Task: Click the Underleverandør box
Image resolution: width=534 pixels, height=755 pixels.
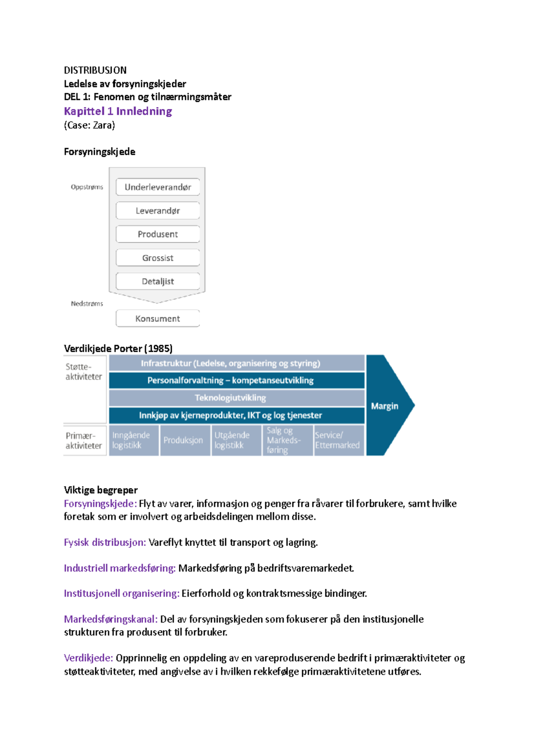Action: pyautogui.click(x=158, y=187)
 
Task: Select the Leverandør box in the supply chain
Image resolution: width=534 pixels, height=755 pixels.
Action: pyautogui.click(x=158, y=211)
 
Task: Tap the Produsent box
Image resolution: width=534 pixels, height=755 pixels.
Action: pyautogui.click(x=158, y=234)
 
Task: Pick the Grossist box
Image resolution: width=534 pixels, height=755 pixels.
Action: pyautogui.click(x=158, y=258)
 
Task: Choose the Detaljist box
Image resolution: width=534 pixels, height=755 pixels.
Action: pyautogui.click(x=158, y=281)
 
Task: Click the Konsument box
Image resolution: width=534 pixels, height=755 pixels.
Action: pyautogui.click(x=158, y=319)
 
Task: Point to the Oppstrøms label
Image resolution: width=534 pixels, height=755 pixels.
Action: pyautogui.click(x=87, y=187)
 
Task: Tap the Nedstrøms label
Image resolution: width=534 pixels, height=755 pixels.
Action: pyautogui.click(x=87, y=304)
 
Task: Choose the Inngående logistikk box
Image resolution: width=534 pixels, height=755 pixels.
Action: pyautogui.click(x=133, y=440)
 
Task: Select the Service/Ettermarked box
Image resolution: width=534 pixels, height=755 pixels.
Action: pyautogui.click(x=339, y=440)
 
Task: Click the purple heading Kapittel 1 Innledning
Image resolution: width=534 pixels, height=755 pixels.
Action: pyautogui.click(x=118, y=111)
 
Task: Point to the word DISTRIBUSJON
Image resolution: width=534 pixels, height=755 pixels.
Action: pyautogui.click(x=95, y=70)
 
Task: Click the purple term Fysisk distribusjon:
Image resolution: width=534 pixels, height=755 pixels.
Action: pyautogui.click(x=105, y=542)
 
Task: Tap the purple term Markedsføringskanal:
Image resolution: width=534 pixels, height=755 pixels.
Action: pyautogui.click(x=111, y=619)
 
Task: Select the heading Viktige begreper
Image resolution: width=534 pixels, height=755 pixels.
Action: pyautogui.click(x=101, y=490)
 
